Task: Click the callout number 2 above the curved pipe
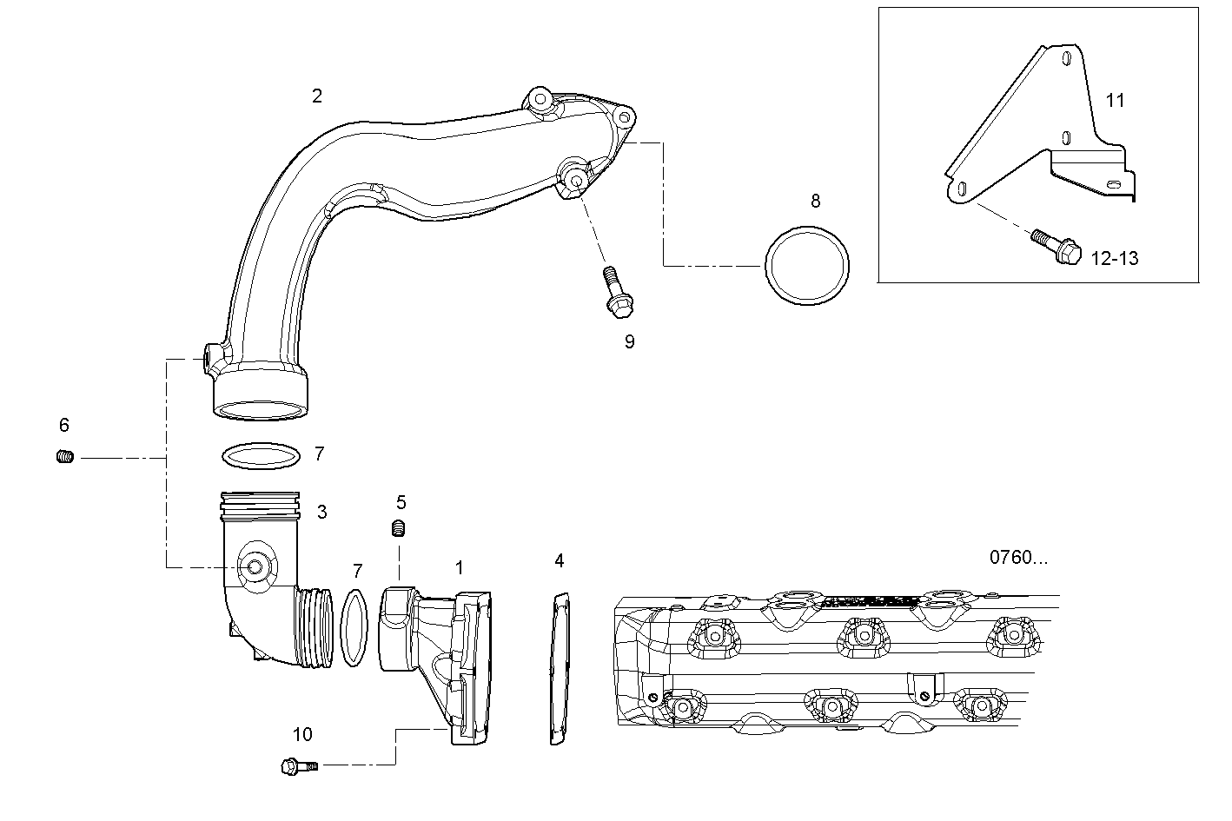pyautogui.click(x=317, y=96)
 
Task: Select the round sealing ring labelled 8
pyautogui.click(x=807, y=267)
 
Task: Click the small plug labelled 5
pyautogui.click(x=400, y=527)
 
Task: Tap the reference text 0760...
pyautogui.click(x=1018, y=558)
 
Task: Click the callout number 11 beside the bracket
pyautogui.click(x=1115, y=101)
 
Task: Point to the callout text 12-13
pyautogui.click(x=1114, y=258)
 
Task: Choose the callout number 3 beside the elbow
pyautogui.click(x=321, y=513)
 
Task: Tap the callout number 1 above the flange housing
pyautogui.click(x=459, y=568)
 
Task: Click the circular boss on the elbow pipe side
pyautogui.click(x=255, y=566)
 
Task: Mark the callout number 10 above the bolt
pyautogui.click(x=301, y=735)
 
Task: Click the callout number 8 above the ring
pyautogui.click(x=815, y=202)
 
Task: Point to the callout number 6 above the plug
pyautogui.click(x=64, y=425)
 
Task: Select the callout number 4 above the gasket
pyautogui.click(x=560, y=561)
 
